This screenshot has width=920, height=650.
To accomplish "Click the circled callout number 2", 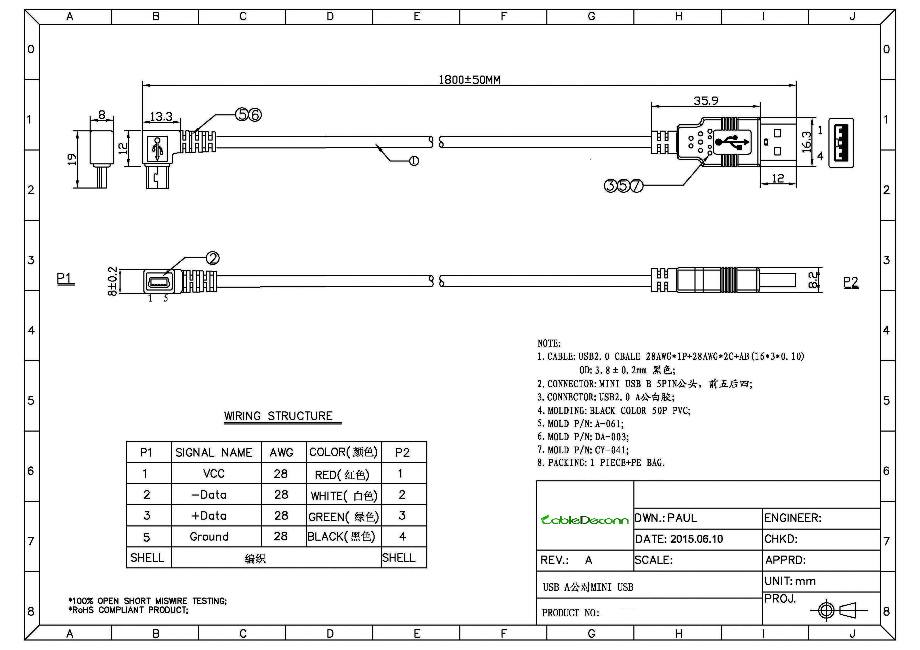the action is coord(212,258).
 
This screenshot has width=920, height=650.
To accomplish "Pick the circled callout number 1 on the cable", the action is coord(414,161).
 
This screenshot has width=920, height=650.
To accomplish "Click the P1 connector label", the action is coord(65,278).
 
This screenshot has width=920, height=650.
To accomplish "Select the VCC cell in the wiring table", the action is coord(214,474).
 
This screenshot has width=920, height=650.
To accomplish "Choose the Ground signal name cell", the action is coord(209,537).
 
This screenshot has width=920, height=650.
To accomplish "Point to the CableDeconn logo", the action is coord(584,520).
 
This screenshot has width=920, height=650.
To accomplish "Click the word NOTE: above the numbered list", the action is coord(549,343).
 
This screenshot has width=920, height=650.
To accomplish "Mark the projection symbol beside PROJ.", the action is coord(838,610).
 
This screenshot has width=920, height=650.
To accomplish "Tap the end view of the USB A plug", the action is coord(841,143).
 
